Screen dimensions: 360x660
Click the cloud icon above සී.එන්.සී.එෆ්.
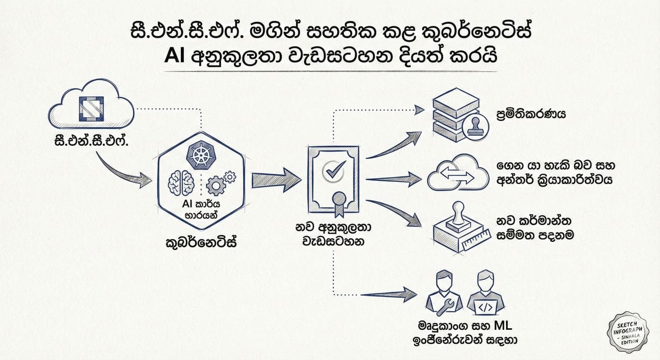[91, 107]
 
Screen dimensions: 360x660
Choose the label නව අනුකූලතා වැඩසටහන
[332, 234]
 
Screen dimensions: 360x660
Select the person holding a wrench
[444, 291]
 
